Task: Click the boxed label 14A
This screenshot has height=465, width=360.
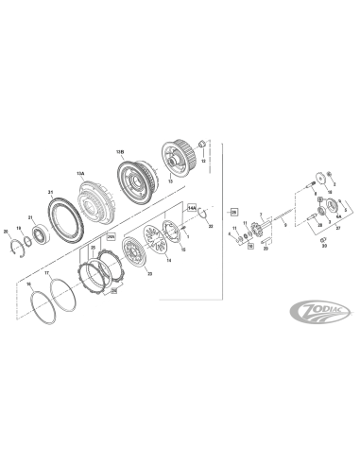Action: [191, 206]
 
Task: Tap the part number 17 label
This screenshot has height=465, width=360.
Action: [47, 275]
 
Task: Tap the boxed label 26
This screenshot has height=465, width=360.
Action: [233, 214]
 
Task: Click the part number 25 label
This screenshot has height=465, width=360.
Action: [93, 248]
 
